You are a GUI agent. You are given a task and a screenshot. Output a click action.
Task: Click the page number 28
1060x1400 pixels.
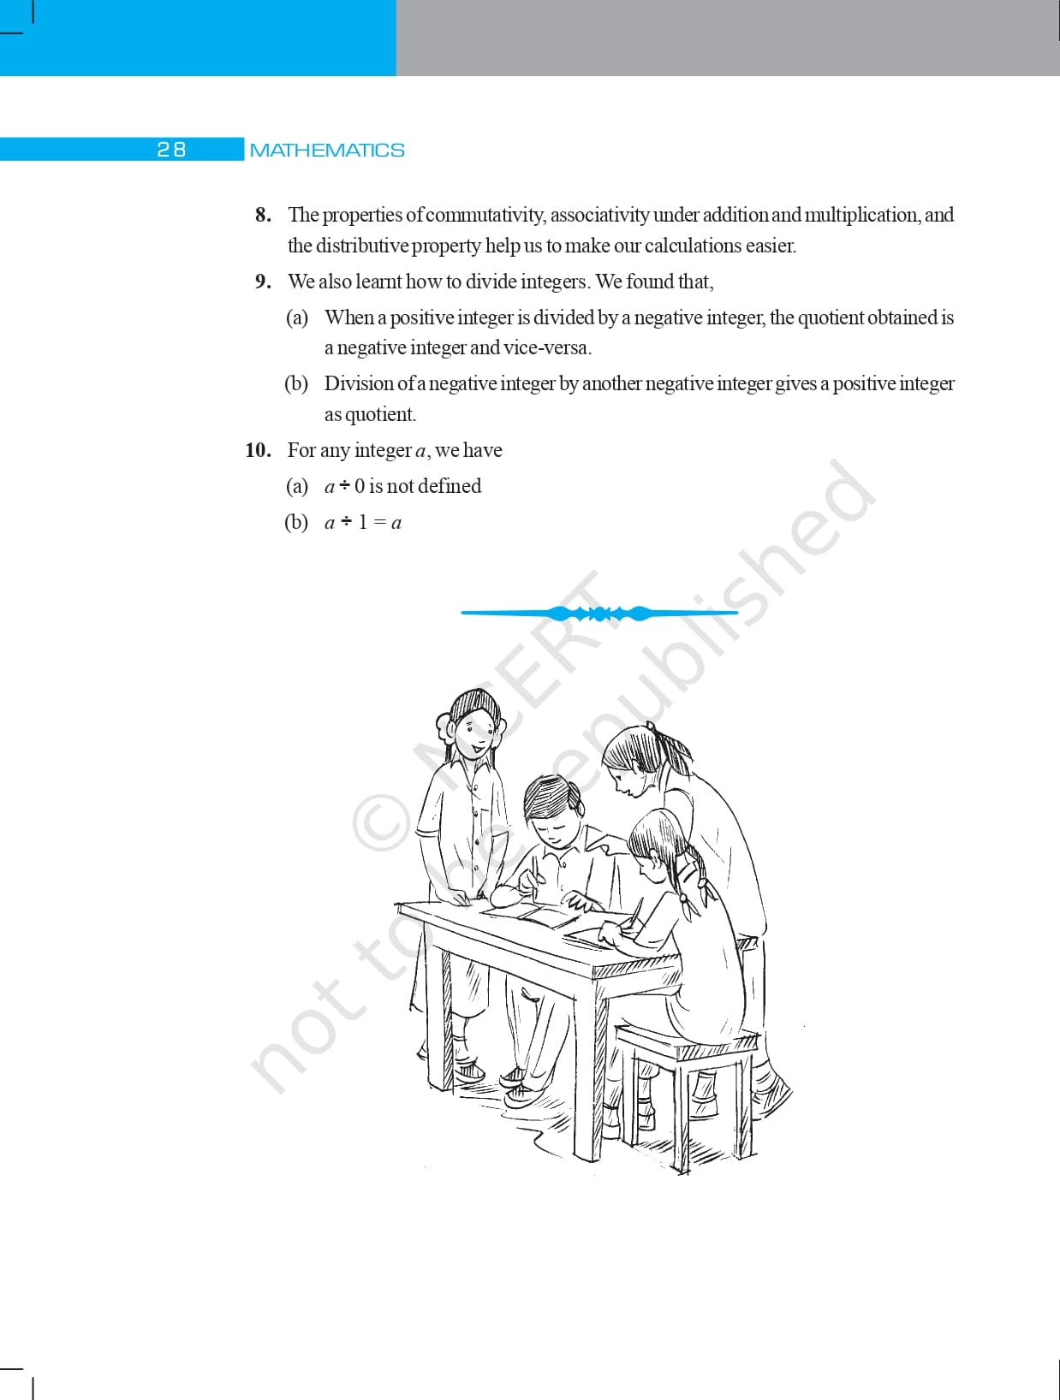click(171, 150)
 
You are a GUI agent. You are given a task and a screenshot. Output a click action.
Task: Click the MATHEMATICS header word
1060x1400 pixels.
click(327, 151)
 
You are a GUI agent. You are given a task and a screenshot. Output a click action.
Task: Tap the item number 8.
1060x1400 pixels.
click(263, 215)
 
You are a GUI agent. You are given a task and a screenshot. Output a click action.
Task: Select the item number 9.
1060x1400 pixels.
click(263, 282)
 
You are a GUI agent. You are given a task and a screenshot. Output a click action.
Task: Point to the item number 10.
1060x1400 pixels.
click(258, 450)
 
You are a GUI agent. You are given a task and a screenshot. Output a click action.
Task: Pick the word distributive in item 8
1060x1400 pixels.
click(363, 246)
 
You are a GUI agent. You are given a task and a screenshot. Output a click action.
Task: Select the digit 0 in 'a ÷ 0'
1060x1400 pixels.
click(360, 486)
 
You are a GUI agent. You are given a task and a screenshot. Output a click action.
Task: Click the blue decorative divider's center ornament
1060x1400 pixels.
click(599, 613)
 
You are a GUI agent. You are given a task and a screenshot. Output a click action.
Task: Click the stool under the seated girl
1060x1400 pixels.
click(685, 1078)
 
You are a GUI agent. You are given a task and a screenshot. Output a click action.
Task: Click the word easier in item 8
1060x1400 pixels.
click(770, 246)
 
